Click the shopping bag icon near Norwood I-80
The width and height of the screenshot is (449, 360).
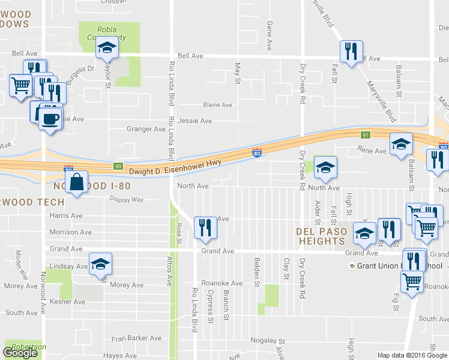point(78,183)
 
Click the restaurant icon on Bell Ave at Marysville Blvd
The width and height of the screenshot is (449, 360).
point(350,52)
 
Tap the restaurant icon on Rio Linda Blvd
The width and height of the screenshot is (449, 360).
point(205,227)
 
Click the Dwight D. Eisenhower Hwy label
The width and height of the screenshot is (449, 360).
point(175,172)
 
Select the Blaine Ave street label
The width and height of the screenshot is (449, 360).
point(217,105)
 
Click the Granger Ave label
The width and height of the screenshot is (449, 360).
point(146,129)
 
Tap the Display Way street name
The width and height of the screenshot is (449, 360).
point(127,200)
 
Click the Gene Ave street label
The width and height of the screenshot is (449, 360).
point(270,36)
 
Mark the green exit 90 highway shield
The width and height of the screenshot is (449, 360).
point(118,166)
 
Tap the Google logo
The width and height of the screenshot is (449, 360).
point(20,353)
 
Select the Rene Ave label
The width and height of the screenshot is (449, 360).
point(372,151)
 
